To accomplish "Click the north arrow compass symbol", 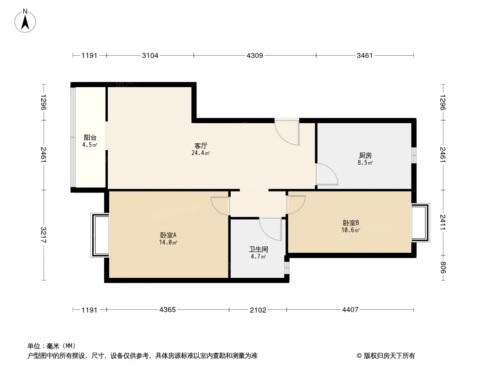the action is click(x=25, y=21).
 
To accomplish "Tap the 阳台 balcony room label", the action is click(x=90, y=138).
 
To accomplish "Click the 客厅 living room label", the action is click(x=201, y=146).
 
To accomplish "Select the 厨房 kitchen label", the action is click(x=365, y=156).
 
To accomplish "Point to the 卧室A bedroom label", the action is click(x=168, y=235).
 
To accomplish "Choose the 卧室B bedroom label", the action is click(x=351, y=223).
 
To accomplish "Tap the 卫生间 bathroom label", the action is click(x=259, y=249).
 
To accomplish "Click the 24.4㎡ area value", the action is click(x=201, y=153).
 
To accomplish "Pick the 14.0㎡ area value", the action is click(x=168, y=243).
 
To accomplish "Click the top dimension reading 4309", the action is click(x=254, y=56).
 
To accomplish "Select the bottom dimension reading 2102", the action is click(x=258, y=310).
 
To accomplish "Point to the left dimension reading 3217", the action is click(x=43, y=235).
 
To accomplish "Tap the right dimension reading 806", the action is click(x=443, y=267).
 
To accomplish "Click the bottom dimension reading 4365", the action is click(x=167, y=309).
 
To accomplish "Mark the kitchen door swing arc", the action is click(x=327, y=174).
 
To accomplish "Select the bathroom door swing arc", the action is click(x=270, y=229).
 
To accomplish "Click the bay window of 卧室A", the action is click(x=100, y=235).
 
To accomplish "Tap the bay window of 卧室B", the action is click(x=421, y=222).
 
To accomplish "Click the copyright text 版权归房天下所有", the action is click(x=389, y=356).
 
